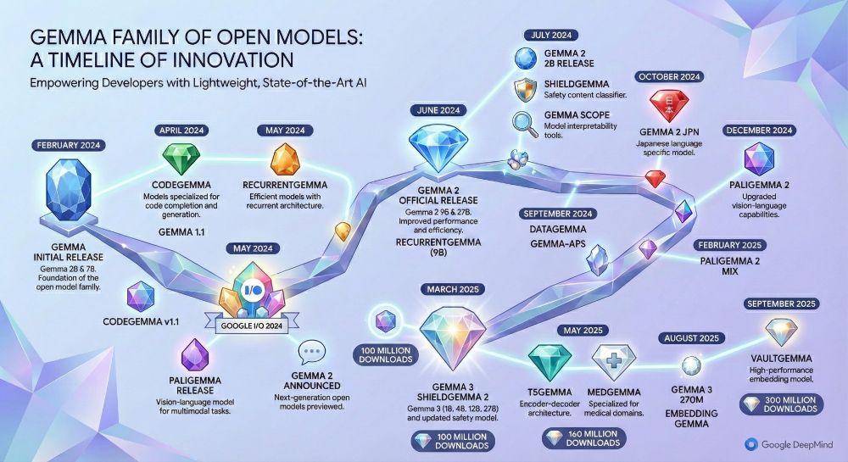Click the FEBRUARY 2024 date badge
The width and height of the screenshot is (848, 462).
68,145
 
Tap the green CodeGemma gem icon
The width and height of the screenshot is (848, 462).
181,159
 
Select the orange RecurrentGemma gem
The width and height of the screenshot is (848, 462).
284,159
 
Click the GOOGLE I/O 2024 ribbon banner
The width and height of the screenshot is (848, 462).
252,326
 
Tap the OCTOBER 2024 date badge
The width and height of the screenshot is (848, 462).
669,77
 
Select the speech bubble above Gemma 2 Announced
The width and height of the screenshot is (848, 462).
311,353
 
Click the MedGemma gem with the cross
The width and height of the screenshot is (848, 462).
613,361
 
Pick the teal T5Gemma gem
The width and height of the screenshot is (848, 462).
550,361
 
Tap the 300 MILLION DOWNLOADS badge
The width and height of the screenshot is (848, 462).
782,404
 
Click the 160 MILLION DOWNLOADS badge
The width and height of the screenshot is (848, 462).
584,438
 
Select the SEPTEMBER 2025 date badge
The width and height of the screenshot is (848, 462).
781,303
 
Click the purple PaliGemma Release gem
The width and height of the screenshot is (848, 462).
195,354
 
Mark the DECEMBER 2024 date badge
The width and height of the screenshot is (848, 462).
759,131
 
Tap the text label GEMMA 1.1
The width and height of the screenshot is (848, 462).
181,232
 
